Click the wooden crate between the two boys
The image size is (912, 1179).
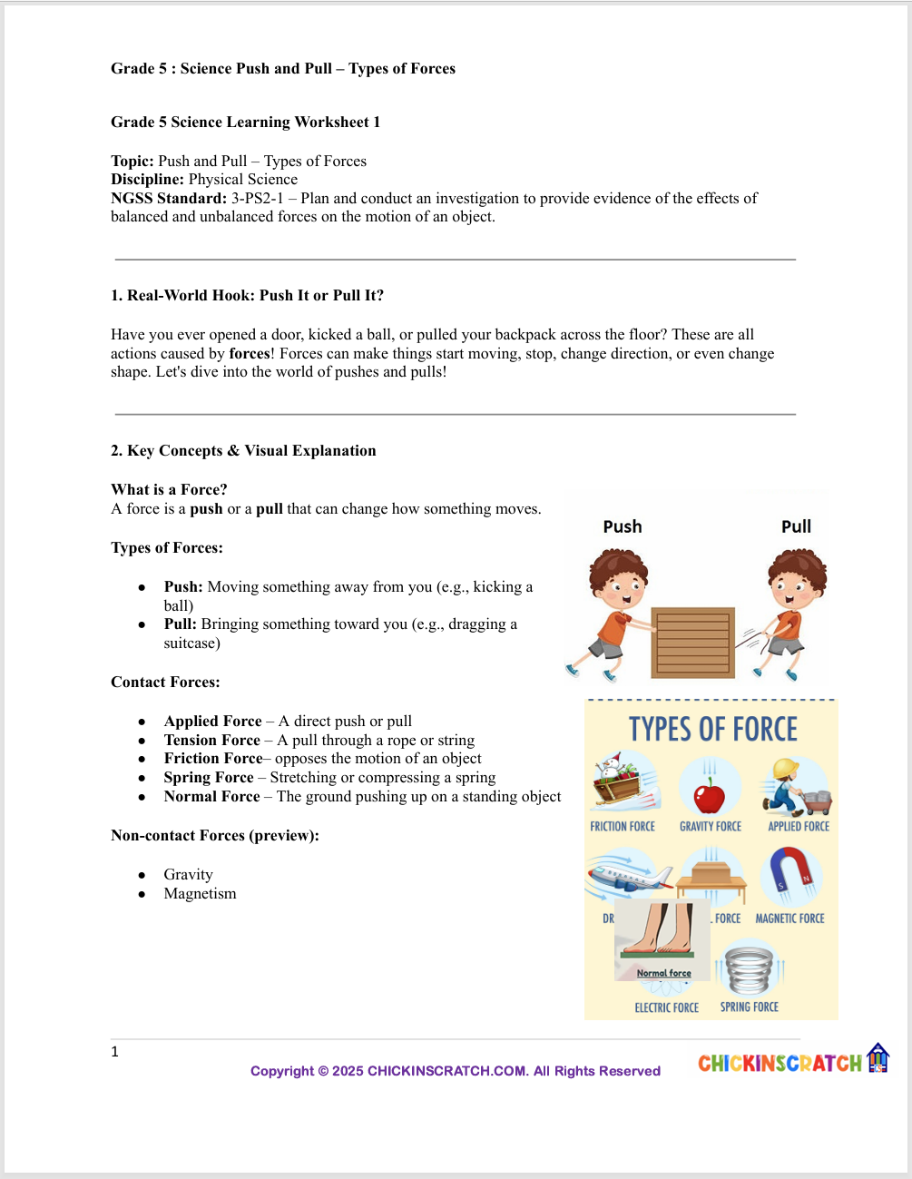tap(692, 643)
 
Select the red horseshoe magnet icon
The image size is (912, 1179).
tap(790, 873)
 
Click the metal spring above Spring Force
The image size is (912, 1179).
tap(750, 969)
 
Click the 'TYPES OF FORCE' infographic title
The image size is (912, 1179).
tap(712, 730)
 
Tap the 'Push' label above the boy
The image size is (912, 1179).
tap(623, 526)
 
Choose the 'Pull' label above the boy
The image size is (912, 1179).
tap(796, 526)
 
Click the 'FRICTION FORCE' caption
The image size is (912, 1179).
tap(623, 827)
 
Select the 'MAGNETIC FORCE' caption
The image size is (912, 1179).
tap(789, 919)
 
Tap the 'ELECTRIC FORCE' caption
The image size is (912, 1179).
tap(666, 1007)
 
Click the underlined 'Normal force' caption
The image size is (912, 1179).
tap(663, 973)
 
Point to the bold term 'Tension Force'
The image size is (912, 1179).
tap(212, 741)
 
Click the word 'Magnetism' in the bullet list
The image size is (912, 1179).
tap(200, 894)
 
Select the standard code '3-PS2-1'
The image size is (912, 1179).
tap(257, 199)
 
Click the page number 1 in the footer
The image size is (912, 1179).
tap(114, 1052)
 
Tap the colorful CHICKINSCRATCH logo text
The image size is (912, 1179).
tap(780, 1063)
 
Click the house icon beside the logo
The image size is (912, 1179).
tap(878, 1058)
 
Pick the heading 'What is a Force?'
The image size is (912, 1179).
tap(169, 490)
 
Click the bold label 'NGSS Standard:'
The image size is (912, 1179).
tap(169, 199)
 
